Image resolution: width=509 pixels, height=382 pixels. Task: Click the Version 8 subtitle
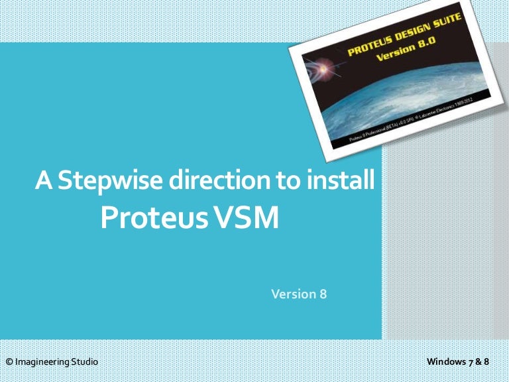299,293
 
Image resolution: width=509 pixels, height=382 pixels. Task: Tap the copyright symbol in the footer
9,362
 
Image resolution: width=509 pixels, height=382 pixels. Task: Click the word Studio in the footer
84,362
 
